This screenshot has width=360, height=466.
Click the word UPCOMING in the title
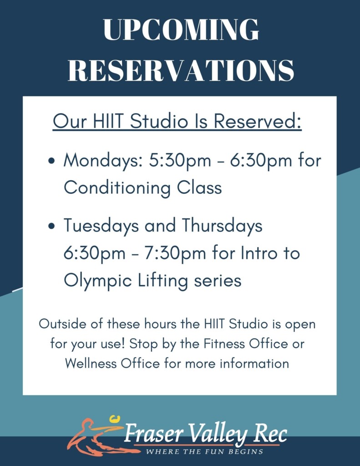[181, 30]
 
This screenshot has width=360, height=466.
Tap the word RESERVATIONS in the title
[181, 70]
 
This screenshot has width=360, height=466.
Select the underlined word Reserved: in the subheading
[258, 121]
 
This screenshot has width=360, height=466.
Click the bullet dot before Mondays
[52, 161]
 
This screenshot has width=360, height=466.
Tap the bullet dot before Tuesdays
[52, 226]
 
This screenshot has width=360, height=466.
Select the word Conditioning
[117, 188]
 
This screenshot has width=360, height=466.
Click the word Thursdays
[222, 226]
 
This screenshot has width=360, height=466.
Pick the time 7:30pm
[175, 253]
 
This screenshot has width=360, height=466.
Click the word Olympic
[97, 280]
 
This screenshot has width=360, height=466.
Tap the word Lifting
[163, 280]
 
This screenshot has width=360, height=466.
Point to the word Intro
[259, 253]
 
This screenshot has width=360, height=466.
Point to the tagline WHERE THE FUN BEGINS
[204, 452]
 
